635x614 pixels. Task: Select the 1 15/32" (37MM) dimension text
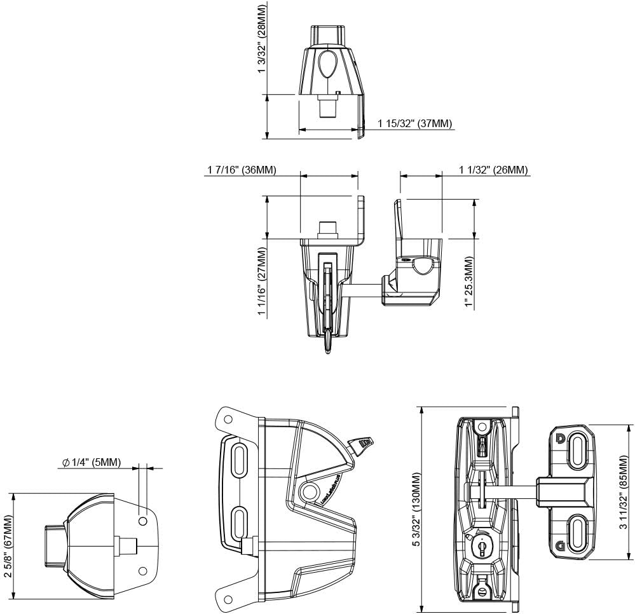415,123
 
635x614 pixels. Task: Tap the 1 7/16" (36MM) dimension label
242,170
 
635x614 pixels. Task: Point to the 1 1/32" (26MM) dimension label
493,170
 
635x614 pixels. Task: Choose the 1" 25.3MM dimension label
468,283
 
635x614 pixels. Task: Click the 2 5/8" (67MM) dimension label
7,546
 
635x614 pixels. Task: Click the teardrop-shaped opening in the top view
329,64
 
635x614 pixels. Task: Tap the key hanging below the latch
327,342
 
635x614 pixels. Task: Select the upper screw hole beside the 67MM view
143,521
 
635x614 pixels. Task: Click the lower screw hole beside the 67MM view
143,570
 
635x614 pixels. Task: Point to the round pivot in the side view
311,490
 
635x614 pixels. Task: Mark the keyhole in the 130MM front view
481,546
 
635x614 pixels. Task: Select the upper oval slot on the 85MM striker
578,453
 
